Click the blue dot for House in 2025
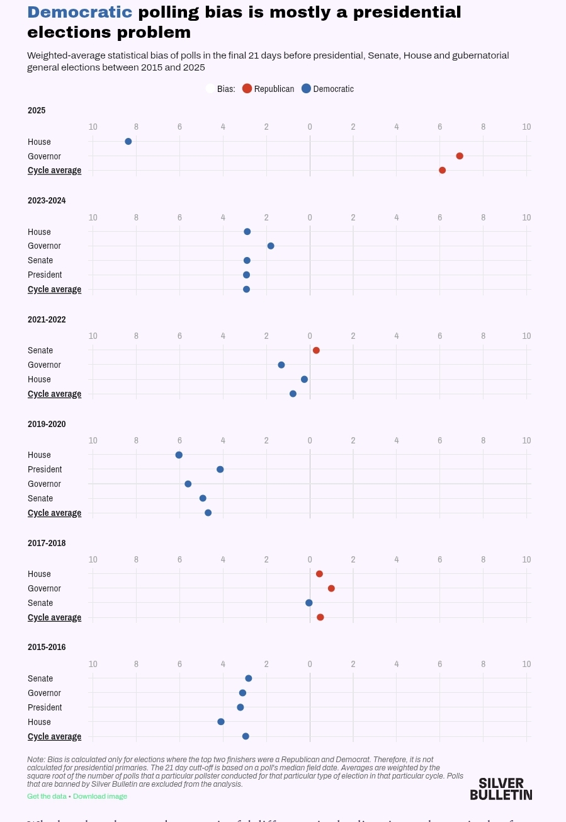tap(128, 142)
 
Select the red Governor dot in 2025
tap(460, 156)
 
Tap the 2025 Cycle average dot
tap(443, 170)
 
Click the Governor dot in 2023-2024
tap(271, 246)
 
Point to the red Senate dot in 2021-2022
tap(316, 350)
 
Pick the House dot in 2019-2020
tap(179, 455)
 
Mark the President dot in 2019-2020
tap(220, 469)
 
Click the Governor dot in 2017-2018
tap(331, 588)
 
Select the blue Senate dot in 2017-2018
tap(309, 603)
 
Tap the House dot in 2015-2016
tap(221, 722)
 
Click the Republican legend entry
tap(268, 89)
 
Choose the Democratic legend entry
tap(327, 89)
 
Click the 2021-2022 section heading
tap(47, 319)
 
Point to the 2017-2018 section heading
tap(47, 543)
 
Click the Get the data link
tap(47, 796)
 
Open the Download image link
tap(100, 796)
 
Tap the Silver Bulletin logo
tap(501, 789)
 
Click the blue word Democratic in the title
tap(80, 12)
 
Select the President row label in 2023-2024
tap(45, 275)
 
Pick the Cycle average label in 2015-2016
tap(54, 736)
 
